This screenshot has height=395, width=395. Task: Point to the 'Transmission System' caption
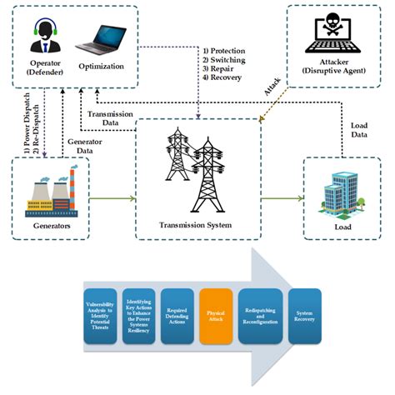197,225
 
